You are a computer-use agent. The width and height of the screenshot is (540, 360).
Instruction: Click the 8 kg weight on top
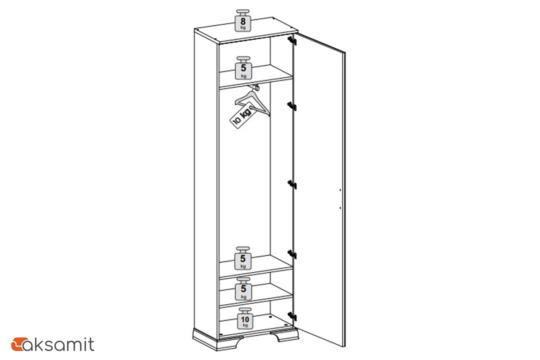(x=243, y=21)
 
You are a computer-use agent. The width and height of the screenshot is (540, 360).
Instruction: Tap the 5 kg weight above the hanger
(x=243, y=68)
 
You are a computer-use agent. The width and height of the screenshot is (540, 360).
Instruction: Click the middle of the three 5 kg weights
(x=243, y=258)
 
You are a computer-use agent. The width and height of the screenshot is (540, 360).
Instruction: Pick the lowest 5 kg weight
(x=243, y=288)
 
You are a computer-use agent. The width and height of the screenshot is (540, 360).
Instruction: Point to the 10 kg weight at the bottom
(x=245, y=318)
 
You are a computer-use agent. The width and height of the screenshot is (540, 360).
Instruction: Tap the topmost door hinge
(x=292, y=41)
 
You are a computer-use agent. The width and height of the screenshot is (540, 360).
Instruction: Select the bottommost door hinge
(x=292, y=316)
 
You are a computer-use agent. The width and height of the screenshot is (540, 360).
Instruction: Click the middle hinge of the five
(x=292, y=184)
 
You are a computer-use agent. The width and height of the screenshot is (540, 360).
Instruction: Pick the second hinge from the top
(x=292, y=106)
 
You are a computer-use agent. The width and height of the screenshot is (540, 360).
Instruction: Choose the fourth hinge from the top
(x=292, y=254)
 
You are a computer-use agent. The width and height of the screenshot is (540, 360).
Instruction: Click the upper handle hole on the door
(x=340, y=190)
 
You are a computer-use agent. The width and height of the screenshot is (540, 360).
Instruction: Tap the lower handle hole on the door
(x=340, y=207)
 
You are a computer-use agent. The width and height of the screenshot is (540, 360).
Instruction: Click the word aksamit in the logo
(x=58, y=344)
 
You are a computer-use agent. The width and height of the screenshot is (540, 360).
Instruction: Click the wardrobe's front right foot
(x=284, y=336)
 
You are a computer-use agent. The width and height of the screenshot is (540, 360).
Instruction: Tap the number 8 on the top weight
(x=243, y=21)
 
